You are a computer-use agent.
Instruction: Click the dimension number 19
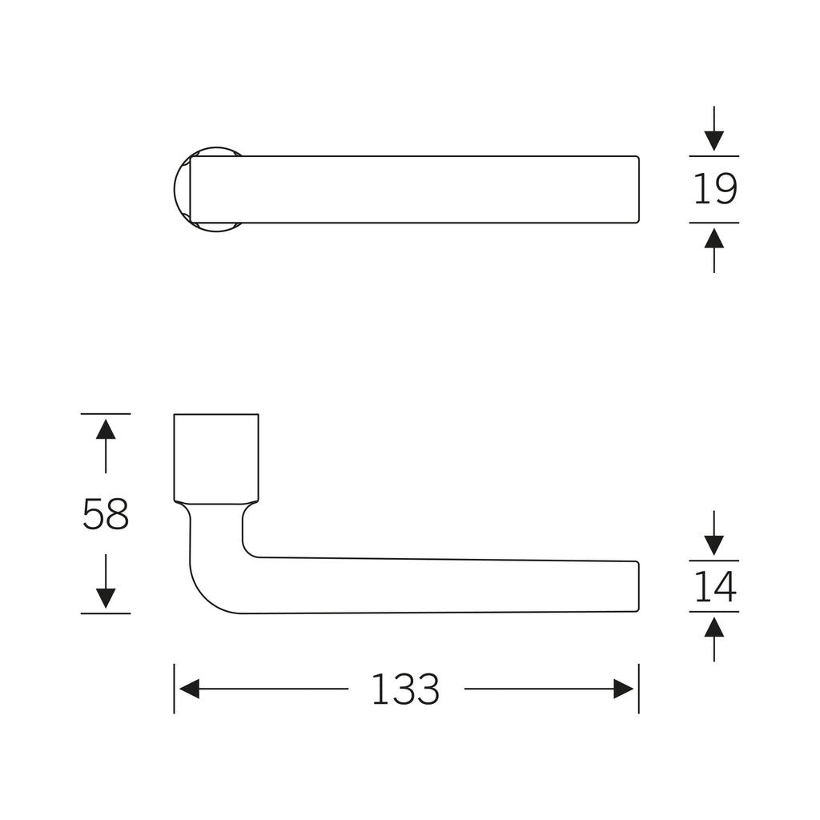(715, 189)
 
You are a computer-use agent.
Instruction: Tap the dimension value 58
(106, 514)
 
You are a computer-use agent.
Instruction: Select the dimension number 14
(715, 587)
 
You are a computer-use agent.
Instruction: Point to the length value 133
(405, 689)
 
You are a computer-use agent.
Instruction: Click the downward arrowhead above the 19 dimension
(713, 141)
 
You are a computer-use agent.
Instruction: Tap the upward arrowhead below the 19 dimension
(713, 238)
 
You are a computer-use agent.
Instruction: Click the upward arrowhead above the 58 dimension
(106, 429)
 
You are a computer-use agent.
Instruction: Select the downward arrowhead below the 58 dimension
(106, 598)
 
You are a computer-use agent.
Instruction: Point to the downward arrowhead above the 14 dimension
(713, 545)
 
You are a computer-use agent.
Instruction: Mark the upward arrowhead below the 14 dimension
(713, 627)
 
